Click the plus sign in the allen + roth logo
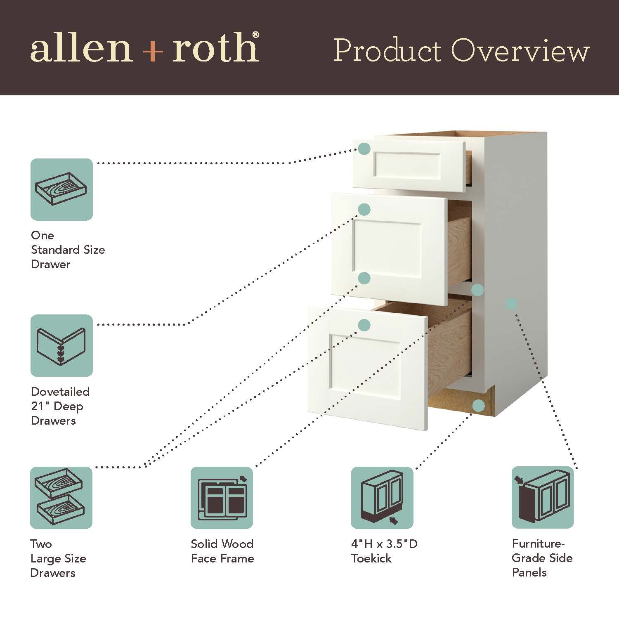tap(153, 52)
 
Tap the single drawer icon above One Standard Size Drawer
tap(61, 189)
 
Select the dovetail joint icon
tap(61, 345)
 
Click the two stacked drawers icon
tap(61, 498)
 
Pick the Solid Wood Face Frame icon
tap(222, 498)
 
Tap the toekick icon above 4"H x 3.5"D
tap(382, 498)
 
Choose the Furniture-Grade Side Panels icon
tap(543, 498)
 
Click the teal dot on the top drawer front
tap(364, 149)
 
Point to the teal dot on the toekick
tap(478, 406)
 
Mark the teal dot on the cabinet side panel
tap(511, 304)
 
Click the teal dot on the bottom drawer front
tap(364, 325)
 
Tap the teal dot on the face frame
tap(477, 290)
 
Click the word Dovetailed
tap(60, 392)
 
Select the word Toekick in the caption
tap(371, 558)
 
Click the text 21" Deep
tap(57, 406)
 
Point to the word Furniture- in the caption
tap(538, 543)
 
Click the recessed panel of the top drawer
tap(407, 165)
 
